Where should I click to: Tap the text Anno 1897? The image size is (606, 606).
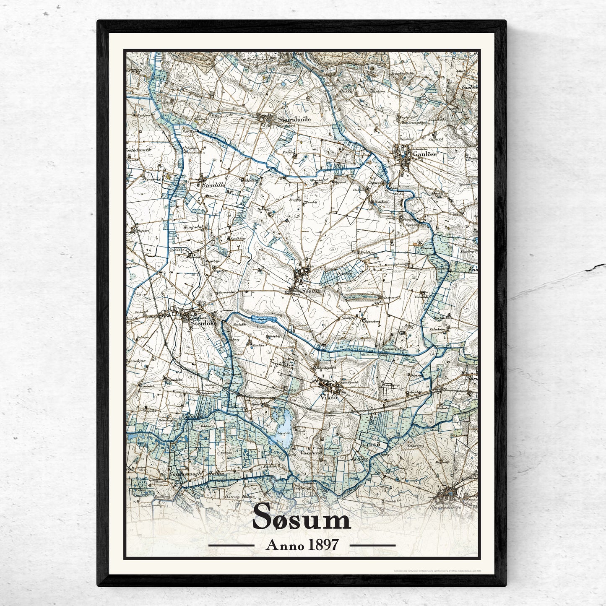tap(302, 545)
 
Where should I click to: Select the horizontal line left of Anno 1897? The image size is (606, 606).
tap(231, 546)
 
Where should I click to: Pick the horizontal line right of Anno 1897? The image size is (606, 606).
tap(372, 546)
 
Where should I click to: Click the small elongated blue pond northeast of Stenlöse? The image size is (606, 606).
tap(264, 320)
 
